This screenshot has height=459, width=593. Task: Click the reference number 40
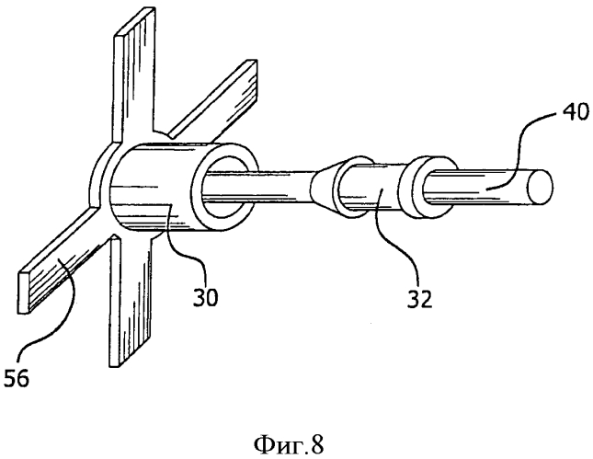574,112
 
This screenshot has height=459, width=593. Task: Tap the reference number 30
205,297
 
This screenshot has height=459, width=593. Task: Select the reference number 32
419,299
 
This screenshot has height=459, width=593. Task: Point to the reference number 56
16,378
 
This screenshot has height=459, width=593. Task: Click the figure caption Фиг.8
289,445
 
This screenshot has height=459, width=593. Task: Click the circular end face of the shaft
541,188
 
